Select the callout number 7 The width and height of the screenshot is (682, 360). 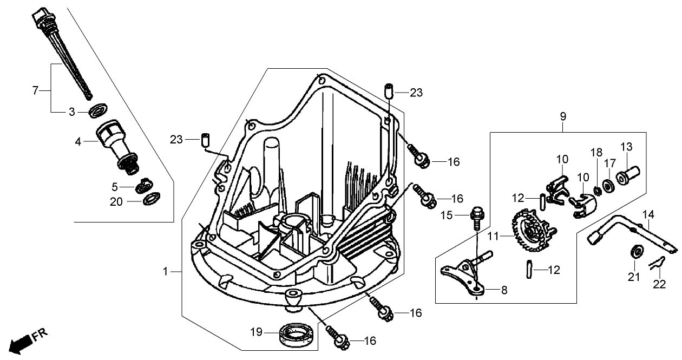point(35,90)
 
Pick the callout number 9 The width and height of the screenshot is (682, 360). point(563,116)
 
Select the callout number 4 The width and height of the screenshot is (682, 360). point(78,142)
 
